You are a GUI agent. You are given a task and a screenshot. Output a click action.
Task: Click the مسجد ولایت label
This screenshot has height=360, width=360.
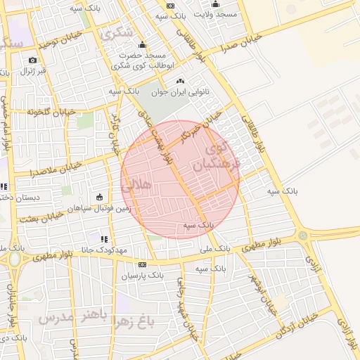point(217,14)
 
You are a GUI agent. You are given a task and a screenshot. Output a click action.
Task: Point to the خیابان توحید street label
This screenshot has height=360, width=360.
point(56,44)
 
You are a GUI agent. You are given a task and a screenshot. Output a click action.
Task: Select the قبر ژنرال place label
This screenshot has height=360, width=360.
point(32,71)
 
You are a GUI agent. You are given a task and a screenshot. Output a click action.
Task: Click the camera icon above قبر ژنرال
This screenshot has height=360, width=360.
point(32,60)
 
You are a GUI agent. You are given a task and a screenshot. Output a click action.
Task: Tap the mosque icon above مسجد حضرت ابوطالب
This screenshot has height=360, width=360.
point(142,45)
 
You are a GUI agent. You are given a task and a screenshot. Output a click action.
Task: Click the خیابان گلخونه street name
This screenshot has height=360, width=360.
point(51,111)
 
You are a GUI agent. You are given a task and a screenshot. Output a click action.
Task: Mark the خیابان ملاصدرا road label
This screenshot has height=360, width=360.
point(56,169)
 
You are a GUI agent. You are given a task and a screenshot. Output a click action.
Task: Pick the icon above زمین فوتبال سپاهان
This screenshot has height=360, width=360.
point(99,197)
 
